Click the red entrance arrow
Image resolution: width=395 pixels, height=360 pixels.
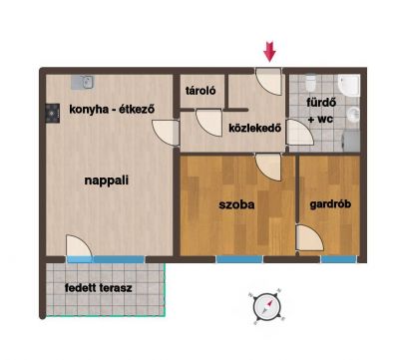(269, 52)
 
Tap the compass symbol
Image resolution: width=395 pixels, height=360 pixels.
(267, 306)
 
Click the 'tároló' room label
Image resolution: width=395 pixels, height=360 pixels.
(200, 91)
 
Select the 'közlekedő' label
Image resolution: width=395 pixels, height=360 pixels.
(255, 128)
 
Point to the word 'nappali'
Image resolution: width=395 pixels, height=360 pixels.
(107, 180)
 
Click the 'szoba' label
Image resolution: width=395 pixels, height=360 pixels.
(236, 204)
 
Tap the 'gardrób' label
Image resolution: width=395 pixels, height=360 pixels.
(330, 203)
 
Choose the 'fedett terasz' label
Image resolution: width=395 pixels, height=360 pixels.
(99, 287)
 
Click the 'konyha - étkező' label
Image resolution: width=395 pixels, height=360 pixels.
(112, 109)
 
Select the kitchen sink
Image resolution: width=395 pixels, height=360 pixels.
(83, 82)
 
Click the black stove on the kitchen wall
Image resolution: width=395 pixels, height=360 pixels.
(53, 114)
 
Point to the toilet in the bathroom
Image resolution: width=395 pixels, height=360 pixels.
(310, 83)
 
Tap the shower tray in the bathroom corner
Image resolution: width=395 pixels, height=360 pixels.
(349, 86)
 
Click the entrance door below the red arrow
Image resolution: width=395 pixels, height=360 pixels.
(268, 82)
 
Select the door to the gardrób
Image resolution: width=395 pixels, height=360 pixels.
(309, 238)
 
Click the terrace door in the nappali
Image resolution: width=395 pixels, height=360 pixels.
(79, 246)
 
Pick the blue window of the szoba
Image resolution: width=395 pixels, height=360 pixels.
(239, 259)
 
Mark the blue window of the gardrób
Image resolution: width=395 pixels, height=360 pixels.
(338, 259)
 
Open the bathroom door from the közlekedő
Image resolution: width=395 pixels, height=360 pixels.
(299, 133)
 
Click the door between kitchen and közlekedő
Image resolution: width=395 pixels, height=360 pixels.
(166, 133)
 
